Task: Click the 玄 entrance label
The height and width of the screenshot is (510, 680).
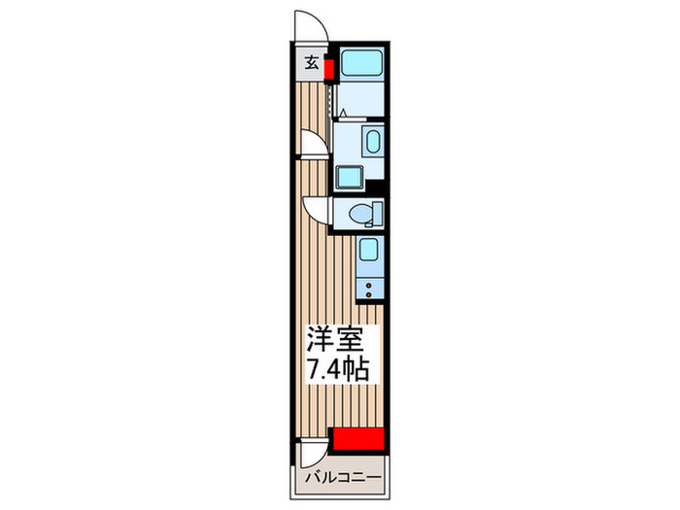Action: coord(313,64)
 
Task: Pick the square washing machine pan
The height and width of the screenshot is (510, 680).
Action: coord(349,177)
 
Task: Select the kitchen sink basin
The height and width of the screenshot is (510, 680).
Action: coord(368,250)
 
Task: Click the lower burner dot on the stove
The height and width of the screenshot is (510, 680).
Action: coord(371,290)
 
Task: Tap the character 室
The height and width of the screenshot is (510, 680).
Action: coord(349,342)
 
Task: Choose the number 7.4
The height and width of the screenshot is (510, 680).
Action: coord(323,372)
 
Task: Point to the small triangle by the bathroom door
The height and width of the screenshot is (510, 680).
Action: coord(342,113)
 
